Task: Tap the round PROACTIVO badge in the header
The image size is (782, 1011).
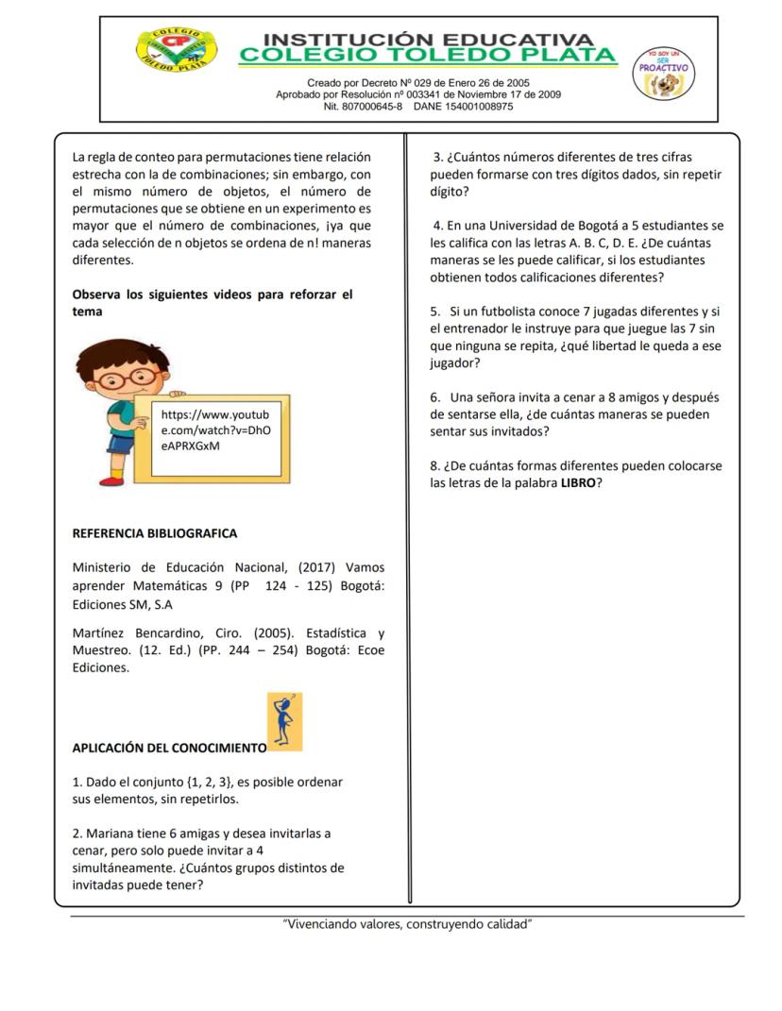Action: (665, 74)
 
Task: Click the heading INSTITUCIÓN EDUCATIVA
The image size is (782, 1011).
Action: (429, 41)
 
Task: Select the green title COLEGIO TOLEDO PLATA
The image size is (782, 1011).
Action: (428, 57)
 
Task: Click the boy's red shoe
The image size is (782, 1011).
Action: (112, 480)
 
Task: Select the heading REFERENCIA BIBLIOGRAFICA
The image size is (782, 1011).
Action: (155, 533)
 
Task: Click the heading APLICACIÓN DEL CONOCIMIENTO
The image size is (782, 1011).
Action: (169, 748)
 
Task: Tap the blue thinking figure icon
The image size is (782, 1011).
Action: (284, 721)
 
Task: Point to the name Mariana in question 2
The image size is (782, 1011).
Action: (111, 834)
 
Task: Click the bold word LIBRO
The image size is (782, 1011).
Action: (578, 483)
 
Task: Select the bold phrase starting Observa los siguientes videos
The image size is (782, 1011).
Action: (212, 295)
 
